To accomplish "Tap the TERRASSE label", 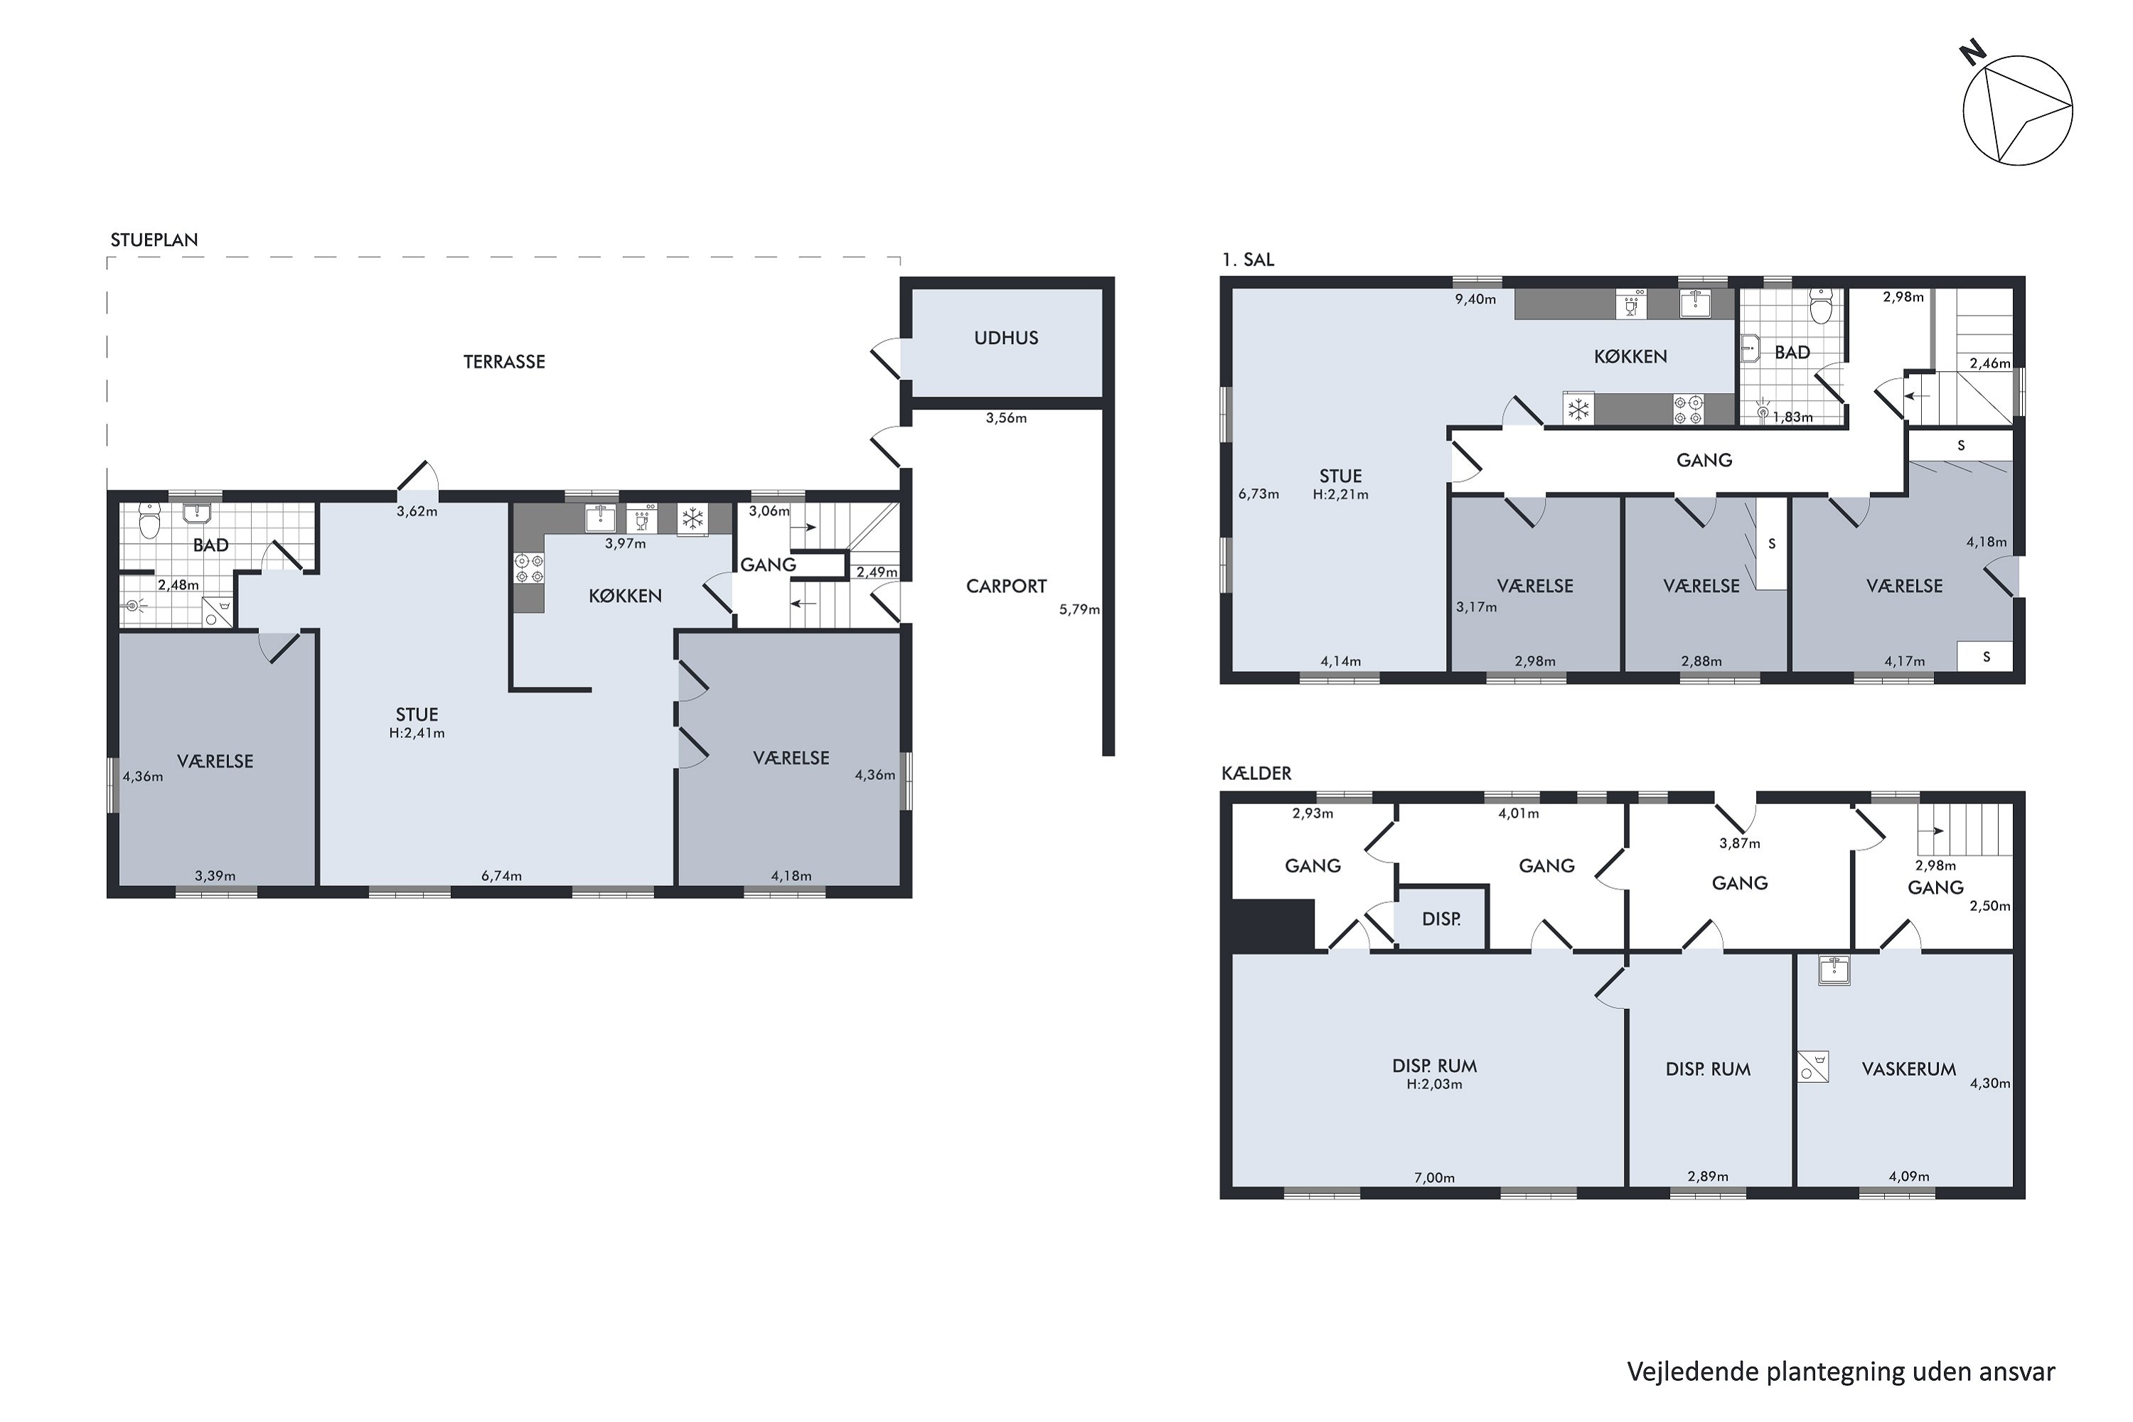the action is point(504,362).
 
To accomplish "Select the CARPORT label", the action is point(1006,587).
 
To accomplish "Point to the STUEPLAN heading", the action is point(154,240).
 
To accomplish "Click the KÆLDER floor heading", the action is point(1256,774).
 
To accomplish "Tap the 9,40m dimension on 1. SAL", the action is point(1475,299).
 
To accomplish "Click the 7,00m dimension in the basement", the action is point(1435,1178).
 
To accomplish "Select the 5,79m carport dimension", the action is point(1079,609).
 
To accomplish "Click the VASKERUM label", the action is point(1909,1069).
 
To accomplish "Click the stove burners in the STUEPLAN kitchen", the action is point(530,567).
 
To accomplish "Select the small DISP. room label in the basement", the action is point(1441,919).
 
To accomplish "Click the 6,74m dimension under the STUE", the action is point(501,876).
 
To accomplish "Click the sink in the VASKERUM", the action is point(1834,971).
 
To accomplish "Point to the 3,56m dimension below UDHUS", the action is point(1006,419).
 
